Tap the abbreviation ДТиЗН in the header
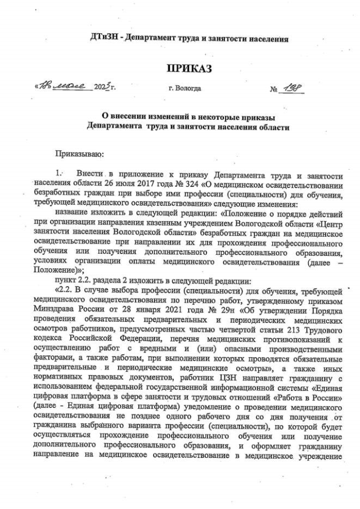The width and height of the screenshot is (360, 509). point(104,39)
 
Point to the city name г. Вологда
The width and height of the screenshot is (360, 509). point(184,89)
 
